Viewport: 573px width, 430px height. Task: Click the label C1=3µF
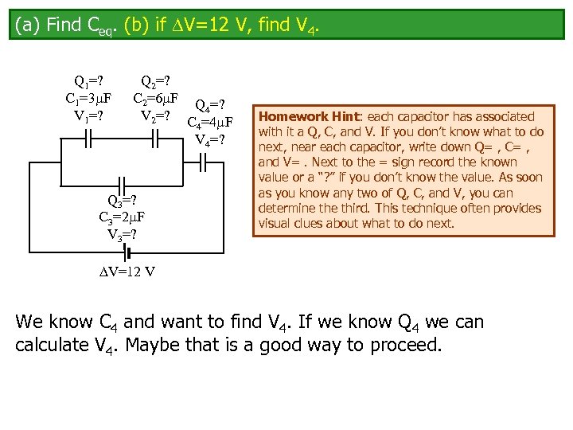pyautogui.click(x=88, y=98)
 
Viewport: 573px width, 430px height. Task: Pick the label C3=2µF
pyautogui.click(x=121, y=217)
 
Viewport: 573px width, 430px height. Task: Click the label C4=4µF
pyautogui.click(x=209, y=123)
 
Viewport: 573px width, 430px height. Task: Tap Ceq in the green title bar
pyautogui.click(x=96, y=26)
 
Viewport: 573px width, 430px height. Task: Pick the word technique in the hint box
pyautogui.click(x=444, y=209)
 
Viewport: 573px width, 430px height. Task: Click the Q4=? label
pyautogui.click(x=209, y=105)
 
